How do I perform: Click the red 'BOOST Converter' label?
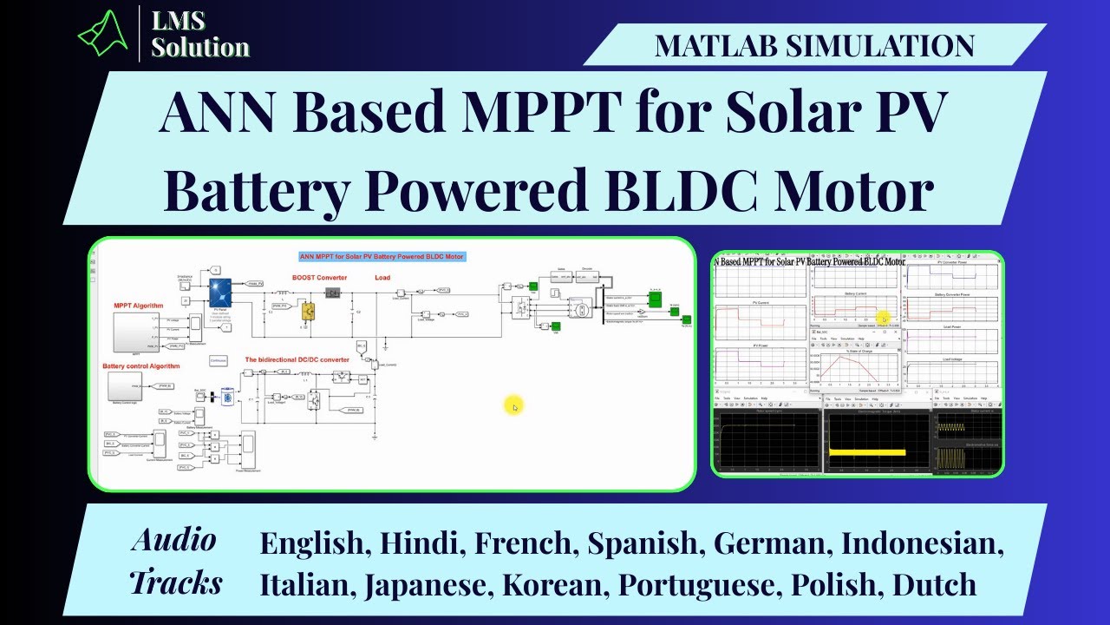click(319, 278)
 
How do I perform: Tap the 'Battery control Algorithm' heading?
click(140, 366)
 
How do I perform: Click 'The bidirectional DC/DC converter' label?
click(297, 359)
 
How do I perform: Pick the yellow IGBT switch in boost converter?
click(307, 310)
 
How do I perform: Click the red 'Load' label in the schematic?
click(382, 278)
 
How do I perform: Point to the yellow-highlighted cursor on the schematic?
click(513, 405)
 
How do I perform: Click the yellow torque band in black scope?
click(867, 452)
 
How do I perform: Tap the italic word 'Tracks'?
click(176, 582)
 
